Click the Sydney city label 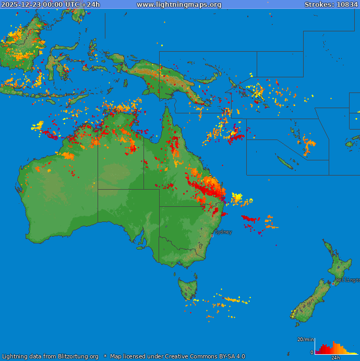223,232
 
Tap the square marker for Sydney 212,236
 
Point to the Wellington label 347,280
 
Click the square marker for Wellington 333,284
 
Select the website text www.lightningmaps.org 179,5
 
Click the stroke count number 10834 347,5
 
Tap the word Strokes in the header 319,5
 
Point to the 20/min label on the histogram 306,340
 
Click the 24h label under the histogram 336,358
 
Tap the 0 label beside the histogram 312,353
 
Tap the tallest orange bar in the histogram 334,348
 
